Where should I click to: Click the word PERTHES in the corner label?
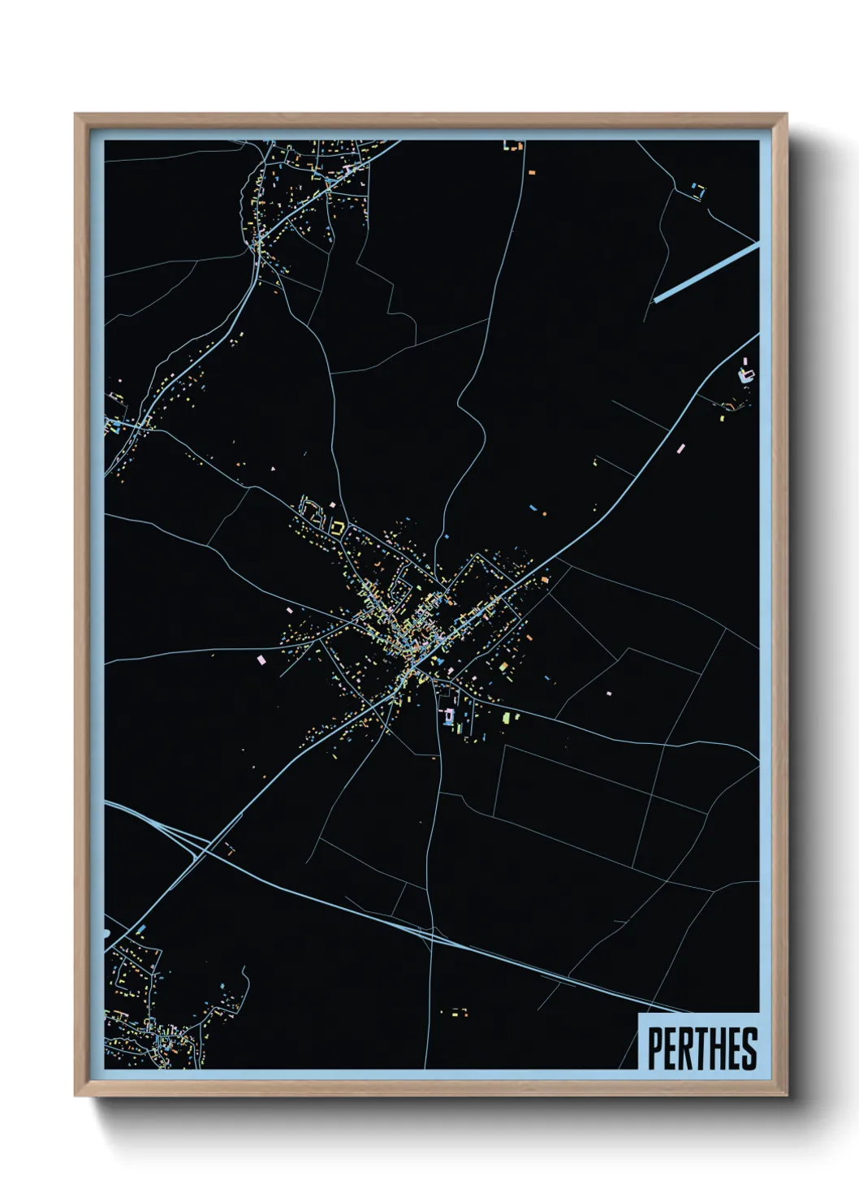702,1048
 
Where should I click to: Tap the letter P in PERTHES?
654,1048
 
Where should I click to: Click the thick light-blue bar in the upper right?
706,272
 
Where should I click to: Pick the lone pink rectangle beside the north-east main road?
680,448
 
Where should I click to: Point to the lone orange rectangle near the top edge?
532,172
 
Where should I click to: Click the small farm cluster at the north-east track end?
697,192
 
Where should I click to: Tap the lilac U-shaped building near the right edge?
745,374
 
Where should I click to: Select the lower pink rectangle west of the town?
261,660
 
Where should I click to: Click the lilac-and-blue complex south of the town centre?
447,716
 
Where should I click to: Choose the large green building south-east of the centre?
508,718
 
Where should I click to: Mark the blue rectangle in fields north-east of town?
533,508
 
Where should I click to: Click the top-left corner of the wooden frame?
76,115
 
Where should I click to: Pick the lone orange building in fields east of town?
608,694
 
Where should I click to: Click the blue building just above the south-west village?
141,928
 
